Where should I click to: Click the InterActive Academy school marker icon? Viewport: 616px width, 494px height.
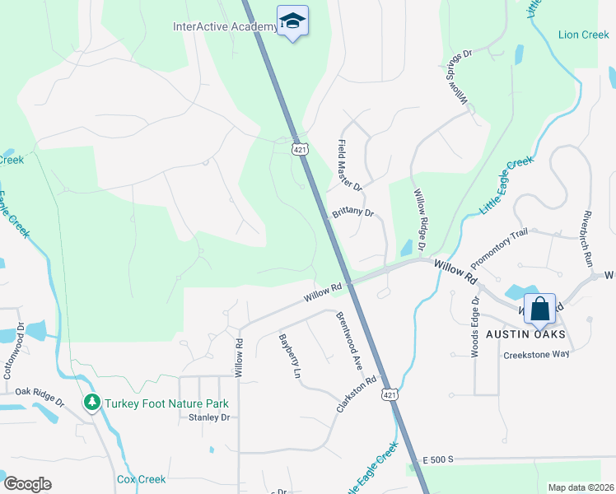[x=292, y=21]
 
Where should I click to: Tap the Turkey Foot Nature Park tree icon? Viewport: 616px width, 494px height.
[x=91, y=403]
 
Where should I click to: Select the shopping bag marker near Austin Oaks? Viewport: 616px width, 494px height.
[x=539, y=310]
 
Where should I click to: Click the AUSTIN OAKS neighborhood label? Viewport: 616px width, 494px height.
[x=525, y=333]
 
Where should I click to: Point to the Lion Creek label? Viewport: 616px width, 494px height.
[x=583, y=35]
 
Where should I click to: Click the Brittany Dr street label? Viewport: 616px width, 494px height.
[x=353, y=212]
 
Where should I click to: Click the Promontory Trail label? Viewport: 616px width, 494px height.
[x=498, y=248]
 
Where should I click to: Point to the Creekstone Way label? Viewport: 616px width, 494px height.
[x=537, y=354]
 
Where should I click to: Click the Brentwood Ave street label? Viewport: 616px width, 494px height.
[x=347, y=339]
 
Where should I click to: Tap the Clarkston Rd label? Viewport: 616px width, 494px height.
[x=356, y=394]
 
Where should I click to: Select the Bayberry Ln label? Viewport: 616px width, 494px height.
[x=288, y=355]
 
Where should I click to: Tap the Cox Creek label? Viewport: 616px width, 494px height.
[x=141, y=479]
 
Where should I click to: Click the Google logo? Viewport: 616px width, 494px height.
[x=28, y=483]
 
